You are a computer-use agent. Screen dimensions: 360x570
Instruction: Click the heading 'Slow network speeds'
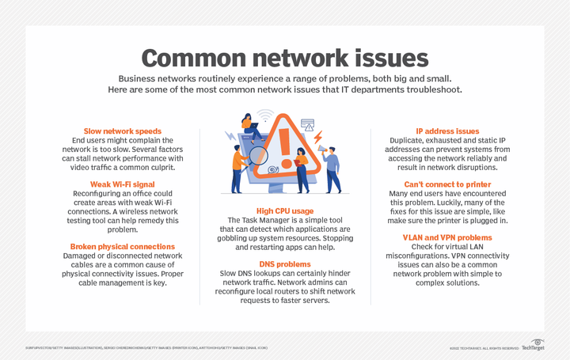click(123, 131)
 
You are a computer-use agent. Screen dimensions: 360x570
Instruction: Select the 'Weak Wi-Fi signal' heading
click(123, 184)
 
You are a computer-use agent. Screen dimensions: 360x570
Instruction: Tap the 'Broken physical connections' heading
click(123, 245)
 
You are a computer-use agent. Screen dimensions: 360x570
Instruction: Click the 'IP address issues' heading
click(447, 131)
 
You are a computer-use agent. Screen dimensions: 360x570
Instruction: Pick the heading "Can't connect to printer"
click(447, 184)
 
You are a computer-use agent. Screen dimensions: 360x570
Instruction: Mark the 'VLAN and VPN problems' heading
click(447, 237)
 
